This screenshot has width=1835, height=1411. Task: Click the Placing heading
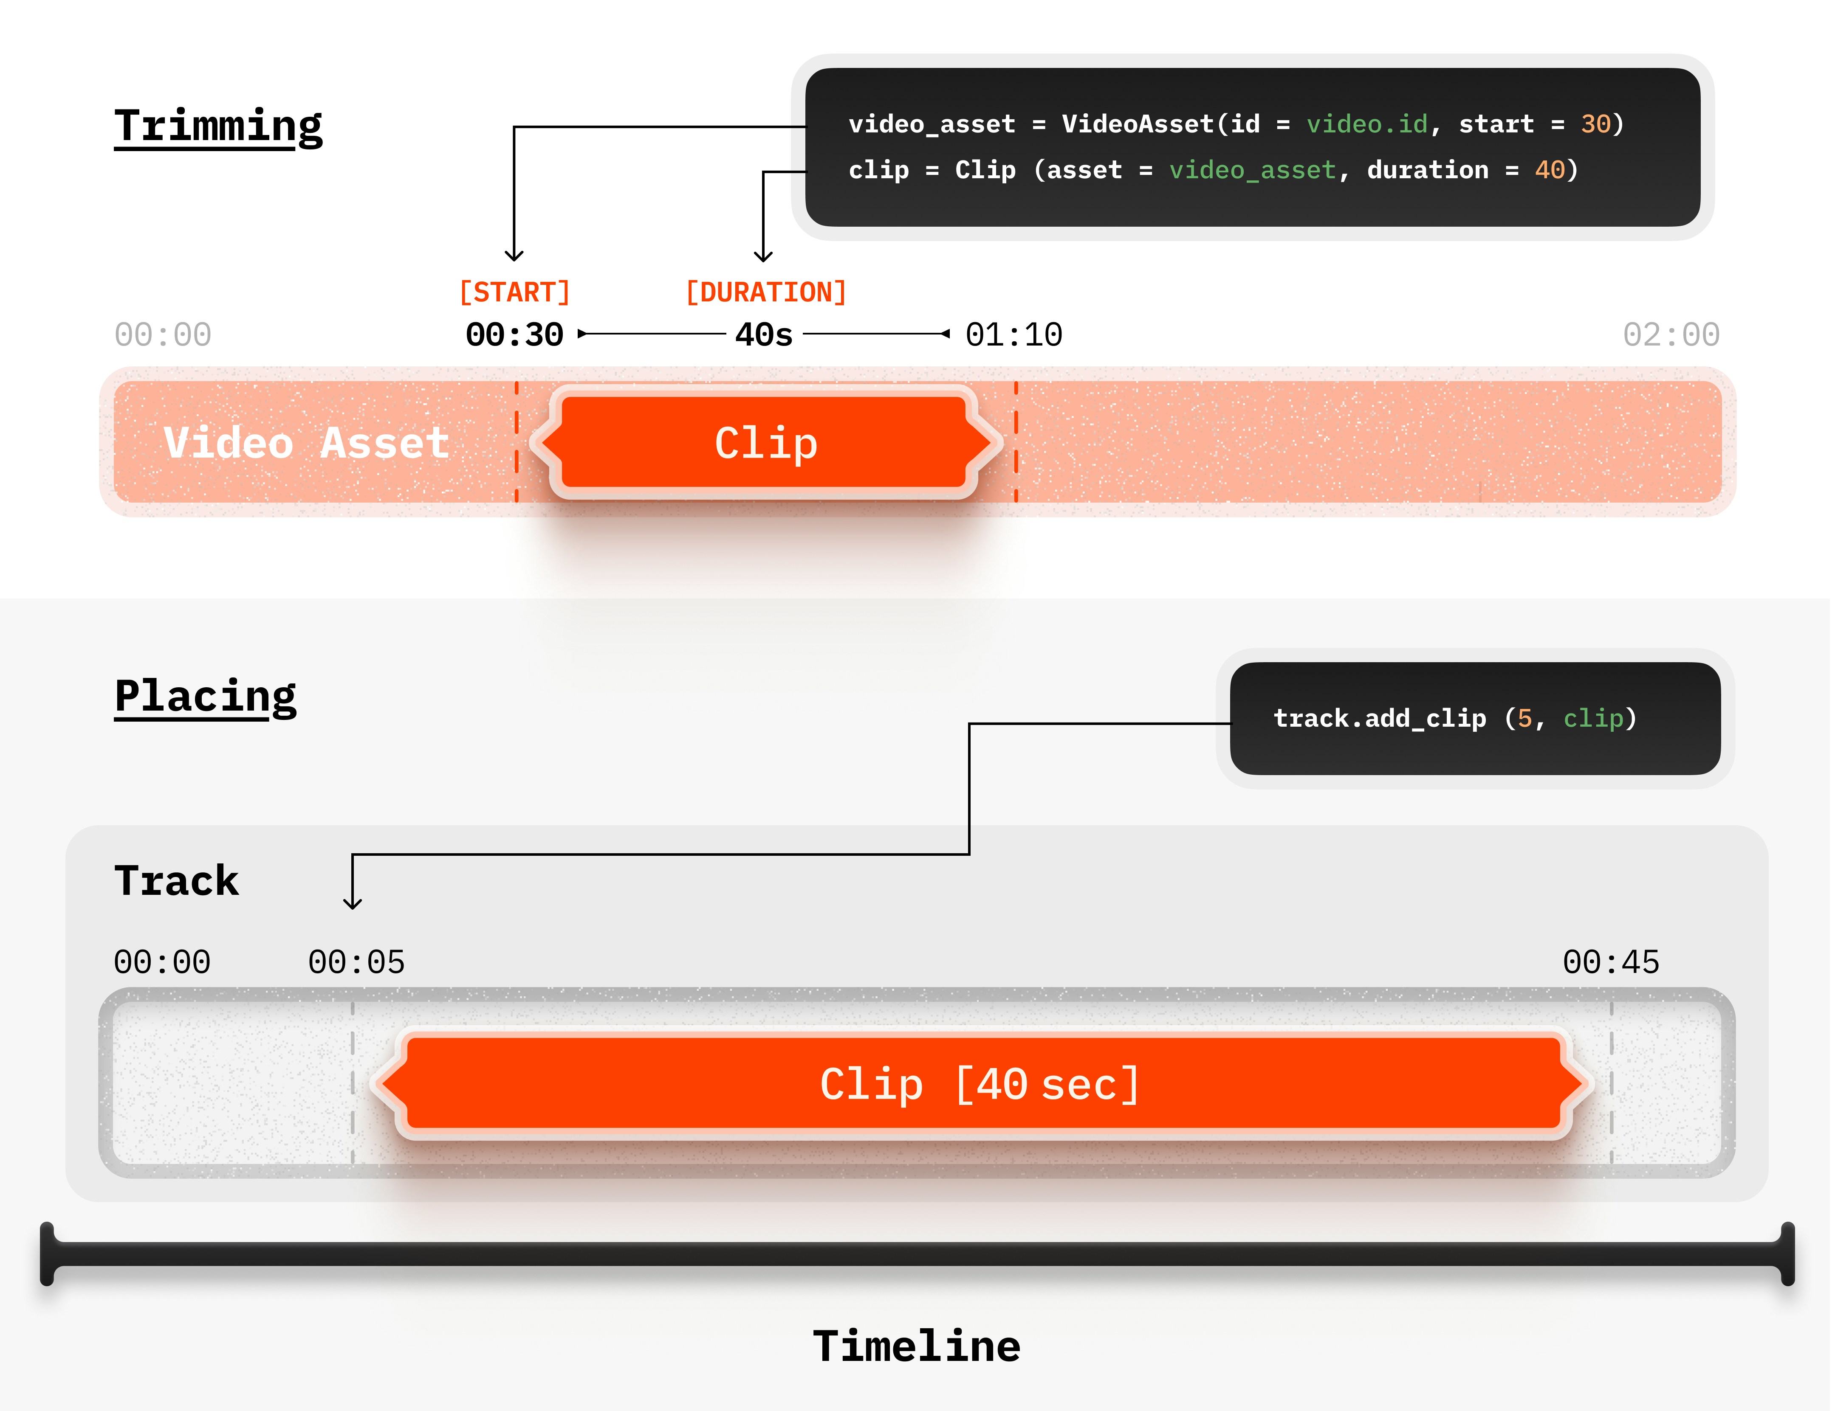tap(206, 696)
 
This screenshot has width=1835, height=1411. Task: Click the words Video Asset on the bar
tap(307, 443)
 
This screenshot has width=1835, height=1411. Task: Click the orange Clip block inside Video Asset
tap(765, 443)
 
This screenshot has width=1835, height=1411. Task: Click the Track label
tap(176, 881)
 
